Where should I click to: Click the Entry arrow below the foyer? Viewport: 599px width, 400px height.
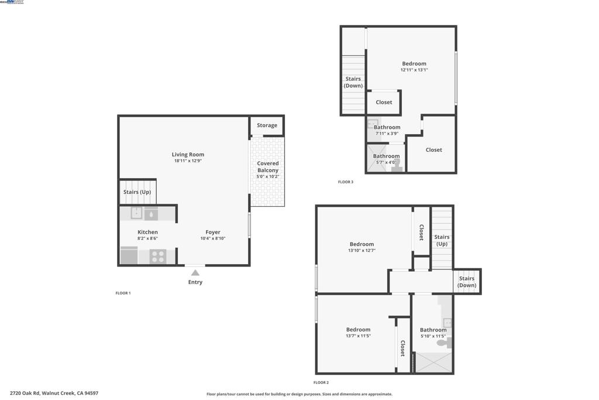[x=195, y=272]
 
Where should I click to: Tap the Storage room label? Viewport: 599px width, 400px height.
[x=267, y=125]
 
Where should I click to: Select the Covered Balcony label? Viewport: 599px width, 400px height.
[x=268, y=167]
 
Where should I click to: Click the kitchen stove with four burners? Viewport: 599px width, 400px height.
[x=158, y=257]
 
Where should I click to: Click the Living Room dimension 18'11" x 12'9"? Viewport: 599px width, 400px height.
[x=188, y=161]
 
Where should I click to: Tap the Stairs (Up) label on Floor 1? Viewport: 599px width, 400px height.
[x=137, y=192]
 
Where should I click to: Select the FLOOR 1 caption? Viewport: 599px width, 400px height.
[x=123, y=293]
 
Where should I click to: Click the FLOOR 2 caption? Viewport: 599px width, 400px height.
[x=321, y=382]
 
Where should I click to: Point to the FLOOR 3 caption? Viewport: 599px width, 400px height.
[x=346, y=182]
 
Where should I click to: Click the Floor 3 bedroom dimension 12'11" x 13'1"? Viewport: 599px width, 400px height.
[x=414, y=70]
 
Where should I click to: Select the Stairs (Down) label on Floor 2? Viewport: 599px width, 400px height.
[x=467, y=282]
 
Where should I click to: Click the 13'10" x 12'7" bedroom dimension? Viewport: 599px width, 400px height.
[x=362, y=251]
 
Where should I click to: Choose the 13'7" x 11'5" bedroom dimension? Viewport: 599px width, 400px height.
[x=358, y=336]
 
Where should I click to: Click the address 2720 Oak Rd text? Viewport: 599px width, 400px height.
[x=54, y=394]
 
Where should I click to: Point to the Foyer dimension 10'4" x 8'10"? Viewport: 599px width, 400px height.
[x=213, y=238]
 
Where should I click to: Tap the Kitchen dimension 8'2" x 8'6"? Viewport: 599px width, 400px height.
[x=147, y=238]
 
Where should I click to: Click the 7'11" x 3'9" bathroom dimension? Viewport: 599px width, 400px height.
[x=387, y=134]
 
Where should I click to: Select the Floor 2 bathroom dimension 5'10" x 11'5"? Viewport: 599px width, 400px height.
[x=433, y=336]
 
